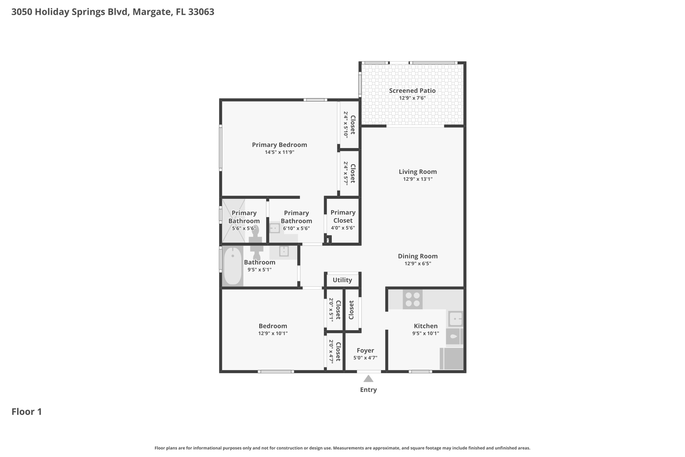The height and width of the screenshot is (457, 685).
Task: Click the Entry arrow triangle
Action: (368, 379)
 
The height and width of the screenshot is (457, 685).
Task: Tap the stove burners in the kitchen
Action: (413, 299)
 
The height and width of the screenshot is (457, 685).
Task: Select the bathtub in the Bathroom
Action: (232, 266)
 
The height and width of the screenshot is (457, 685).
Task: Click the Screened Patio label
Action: (412, 90)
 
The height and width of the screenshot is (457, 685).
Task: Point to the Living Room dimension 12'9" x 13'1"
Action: (418, 179)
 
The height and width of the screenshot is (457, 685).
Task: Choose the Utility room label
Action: (342, 280)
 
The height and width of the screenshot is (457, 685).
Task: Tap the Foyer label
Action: (365, 351)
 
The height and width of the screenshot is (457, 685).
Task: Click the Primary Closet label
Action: (343, 216)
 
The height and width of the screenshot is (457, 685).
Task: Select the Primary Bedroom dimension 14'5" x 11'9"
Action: (280, 152)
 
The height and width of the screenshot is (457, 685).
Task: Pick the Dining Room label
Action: (418, 256)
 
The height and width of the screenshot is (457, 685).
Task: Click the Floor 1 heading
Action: (27, 411)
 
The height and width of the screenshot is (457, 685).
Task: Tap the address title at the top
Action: (113, 12)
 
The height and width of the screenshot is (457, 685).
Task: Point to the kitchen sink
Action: (455, 318)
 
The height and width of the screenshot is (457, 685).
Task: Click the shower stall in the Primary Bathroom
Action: (233, 221)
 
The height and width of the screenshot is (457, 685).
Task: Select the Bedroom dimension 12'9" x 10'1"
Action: (273, 333)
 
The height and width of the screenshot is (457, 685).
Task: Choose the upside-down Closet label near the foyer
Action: (351, 310)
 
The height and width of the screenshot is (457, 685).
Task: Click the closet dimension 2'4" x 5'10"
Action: (346, 125)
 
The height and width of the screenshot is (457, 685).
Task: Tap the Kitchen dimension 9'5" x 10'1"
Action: (426, 333)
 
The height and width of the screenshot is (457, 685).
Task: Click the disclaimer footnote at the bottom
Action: (342, 448)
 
